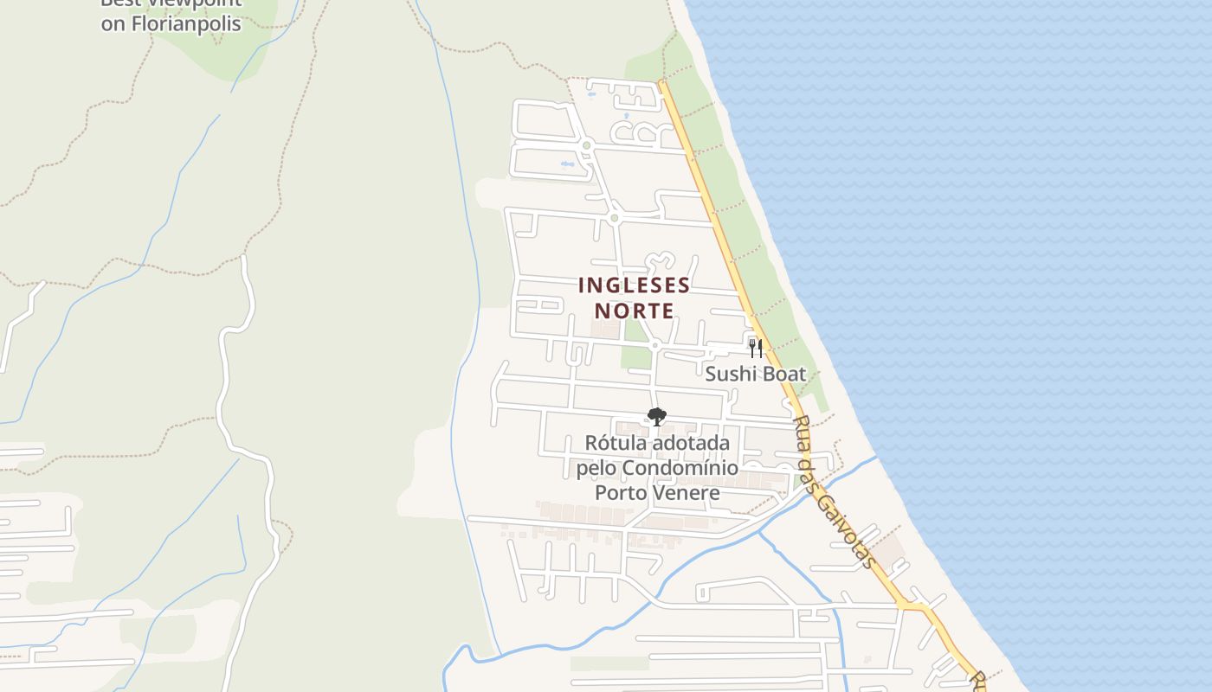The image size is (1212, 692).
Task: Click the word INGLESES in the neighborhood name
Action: (x=635, y=285)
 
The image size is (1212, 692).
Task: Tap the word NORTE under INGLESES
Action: (x=635, y=310)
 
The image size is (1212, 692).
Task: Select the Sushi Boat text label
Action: (x=755, y=375)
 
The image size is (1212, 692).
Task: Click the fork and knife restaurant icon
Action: (x=756, y=349)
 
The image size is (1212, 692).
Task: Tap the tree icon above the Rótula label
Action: (x=657, y=417)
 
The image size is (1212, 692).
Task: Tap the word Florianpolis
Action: (x=184, y=23)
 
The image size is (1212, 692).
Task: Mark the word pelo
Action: (x=596, y=468)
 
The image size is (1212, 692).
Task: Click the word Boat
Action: (x=783, y=375)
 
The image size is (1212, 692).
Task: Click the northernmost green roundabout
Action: (x=586, y=145)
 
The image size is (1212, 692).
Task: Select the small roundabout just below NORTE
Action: (x=654, y=345)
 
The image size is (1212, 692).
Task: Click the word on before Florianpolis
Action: (x=113, y=23)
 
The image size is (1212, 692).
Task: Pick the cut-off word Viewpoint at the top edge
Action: (x=187, y=3)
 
